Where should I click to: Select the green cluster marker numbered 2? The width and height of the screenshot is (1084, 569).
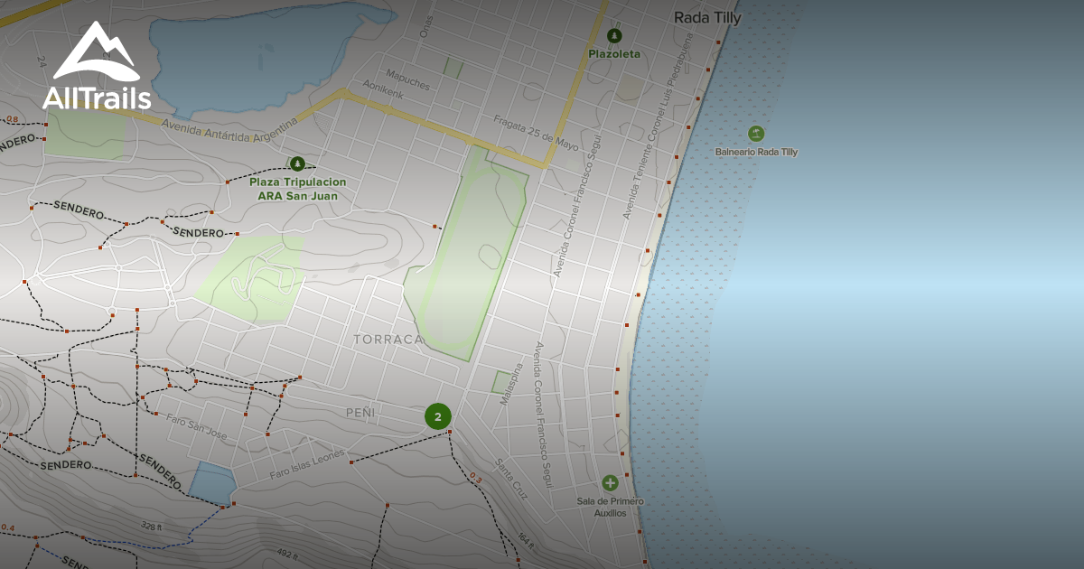438,416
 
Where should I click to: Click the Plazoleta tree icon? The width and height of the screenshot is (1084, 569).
614,36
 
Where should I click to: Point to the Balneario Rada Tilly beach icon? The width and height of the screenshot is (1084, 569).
756,135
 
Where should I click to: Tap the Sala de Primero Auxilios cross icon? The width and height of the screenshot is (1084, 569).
610,483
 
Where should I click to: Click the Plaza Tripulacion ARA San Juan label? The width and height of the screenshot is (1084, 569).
297,189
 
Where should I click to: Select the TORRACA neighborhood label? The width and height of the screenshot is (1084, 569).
388,340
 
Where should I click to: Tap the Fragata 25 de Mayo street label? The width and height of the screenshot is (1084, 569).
536,132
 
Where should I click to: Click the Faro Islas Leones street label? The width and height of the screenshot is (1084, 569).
307,465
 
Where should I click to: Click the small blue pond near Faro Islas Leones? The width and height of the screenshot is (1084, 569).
211,483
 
